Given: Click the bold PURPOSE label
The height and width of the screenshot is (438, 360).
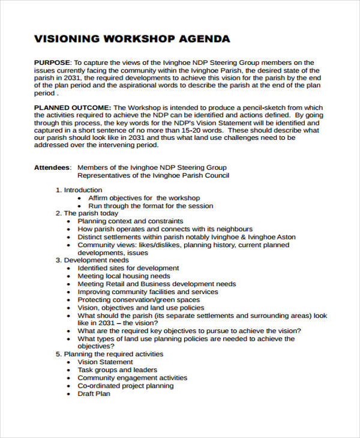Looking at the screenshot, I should click(52, 62).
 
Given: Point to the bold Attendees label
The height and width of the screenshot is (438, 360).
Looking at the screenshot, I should click(52, 167).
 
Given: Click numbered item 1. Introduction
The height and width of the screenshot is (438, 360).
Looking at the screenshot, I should click(79, 190).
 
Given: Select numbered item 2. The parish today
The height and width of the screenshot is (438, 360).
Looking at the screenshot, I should click(87, 213).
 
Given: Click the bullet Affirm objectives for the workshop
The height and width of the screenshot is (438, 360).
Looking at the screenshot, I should click(144, 198).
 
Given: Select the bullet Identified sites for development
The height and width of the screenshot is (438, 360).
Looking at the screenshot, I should click(128, 268).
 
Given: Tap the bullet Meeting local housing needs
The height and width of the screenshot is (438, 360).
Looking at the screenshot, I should click(124, 276).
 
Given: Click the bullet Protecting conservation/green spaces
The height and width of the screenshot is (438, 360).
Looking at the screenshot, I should click(139, 299).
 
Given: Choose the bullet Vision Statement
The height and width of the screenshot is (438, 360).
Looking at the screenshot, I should click(105, 362).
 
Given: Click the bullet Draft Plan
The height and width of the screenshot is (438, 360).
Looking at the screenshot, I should click(94, 394).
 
